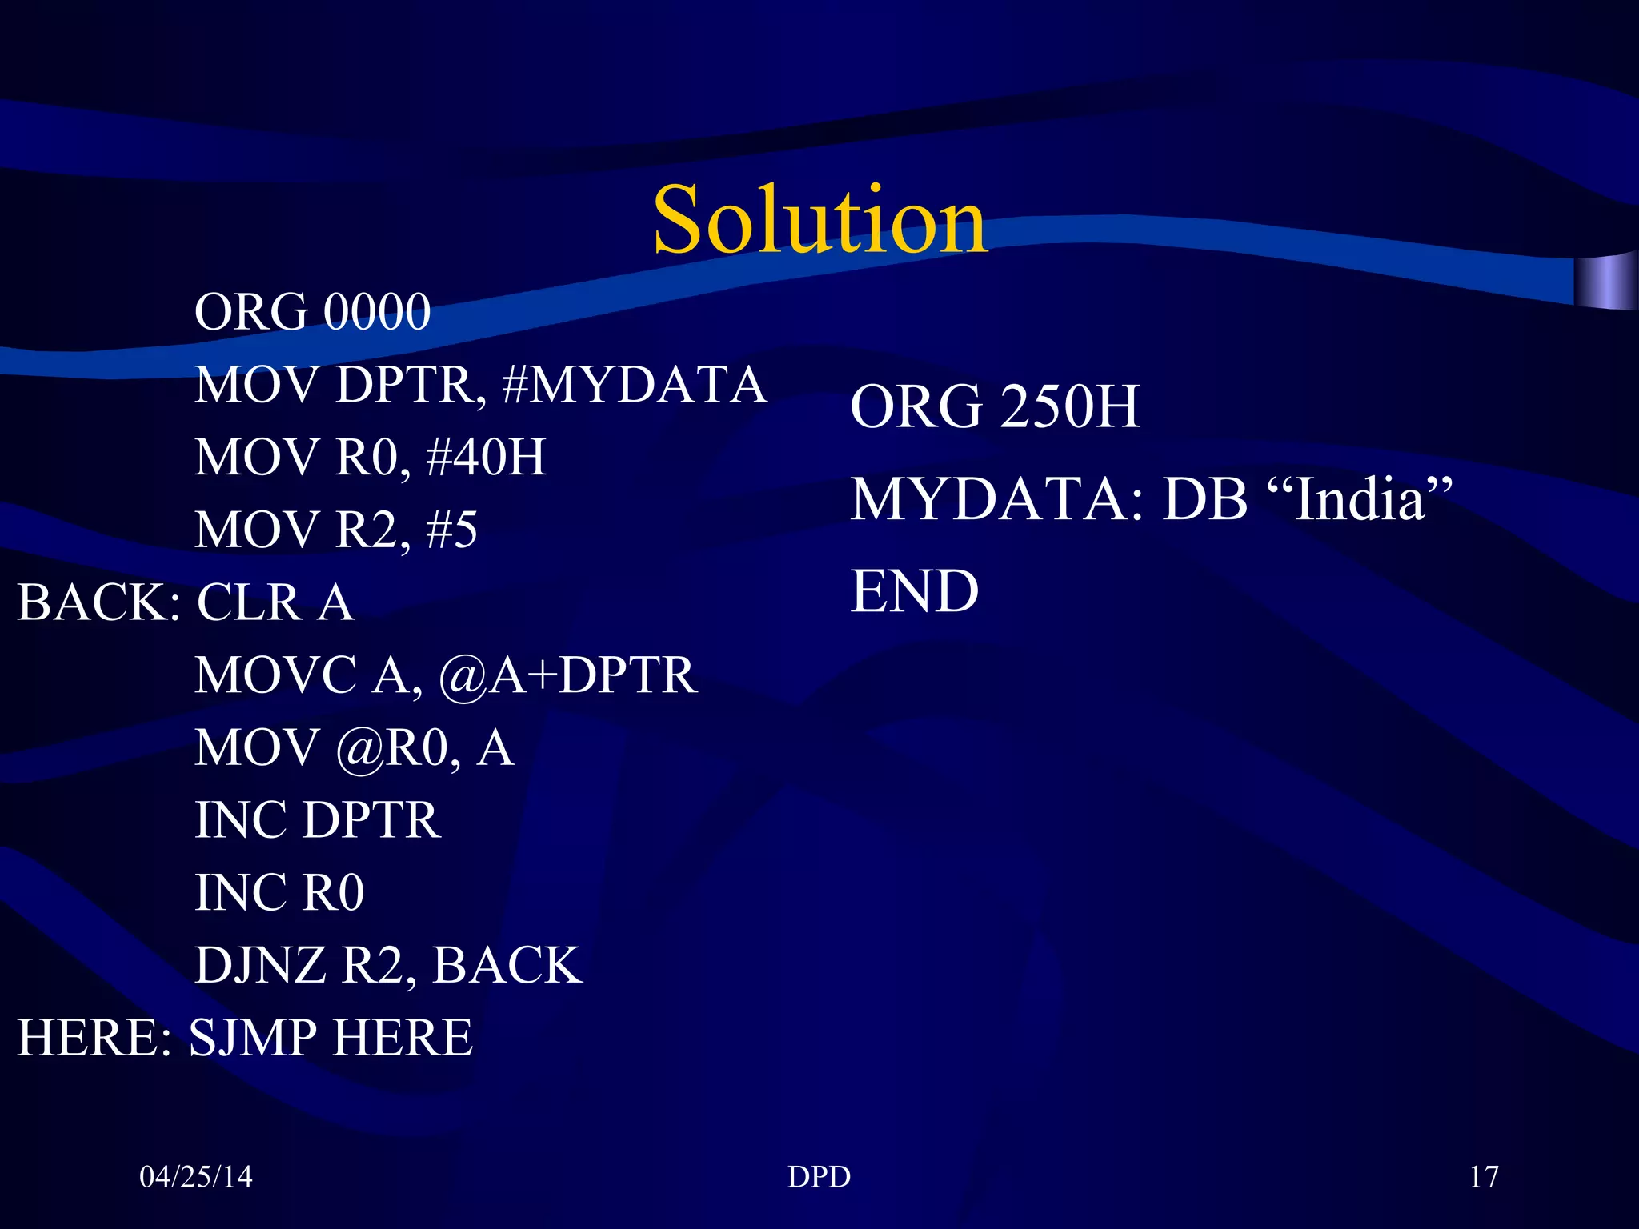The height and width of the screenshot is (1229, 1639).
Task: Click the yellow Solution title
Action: [x=820, y=219]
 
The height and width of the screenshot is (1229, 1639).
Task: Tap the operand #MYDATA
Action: [x=634, y=385]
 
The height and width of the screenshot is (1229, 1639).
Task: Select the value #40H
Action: [x=486, y=457]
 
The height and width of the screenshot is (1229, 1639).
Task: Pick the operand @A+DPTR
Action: [x=568, y=675]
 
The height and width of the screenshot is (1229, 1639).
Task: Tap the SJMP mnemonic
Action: [x=253, y=1038]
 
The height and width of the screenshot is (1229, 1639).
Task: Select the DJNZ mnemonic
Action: [x=260, y=965]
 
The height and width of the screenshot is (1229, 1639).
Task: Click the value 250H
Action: [x=1070, y=406]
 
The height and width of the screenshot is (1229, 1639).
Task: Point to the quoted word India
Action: [x=1360, y=500]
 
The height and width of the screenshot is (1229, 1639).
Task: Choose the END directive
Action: [x=914, y=592]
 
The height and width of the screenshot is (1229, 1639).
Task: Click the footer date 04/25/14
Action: [x=196, y=1176]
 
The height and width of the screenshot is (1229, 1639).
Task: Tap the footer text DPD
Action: [x=819, y=1176]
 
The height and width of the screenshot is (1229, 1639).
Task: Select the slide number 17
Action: [x=1484, y=1176]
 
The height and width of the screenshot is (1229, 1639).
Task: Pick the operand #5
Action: [x=452, y=530]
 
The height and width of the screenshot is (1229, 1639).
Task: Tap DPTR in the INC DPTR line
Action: [x=372, y=820]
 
